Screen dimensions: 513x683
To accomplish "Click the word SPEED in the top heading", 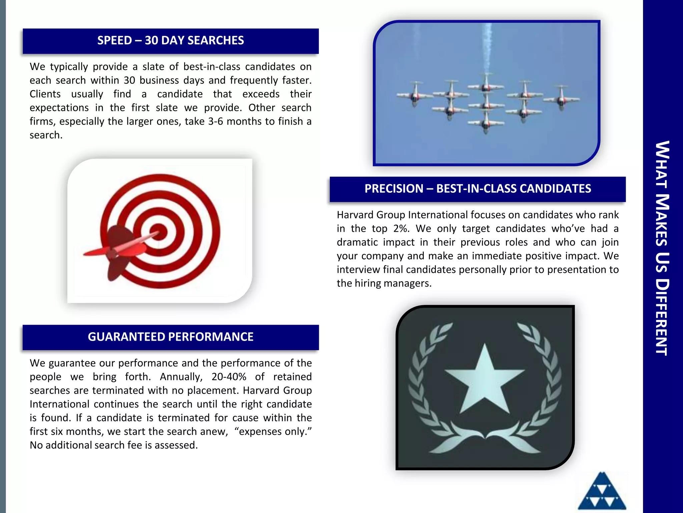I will coord(114,40).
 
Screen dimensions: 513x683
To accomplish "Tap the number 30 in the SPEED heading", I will coord(151,40).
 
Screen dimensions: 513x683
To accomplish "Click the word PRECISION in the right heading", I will coord(394,189).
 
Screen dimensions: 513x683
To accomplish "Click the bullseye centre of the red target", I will coord(158,231).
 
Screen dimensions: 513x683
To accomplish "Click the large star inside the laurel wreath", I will coord(485,381).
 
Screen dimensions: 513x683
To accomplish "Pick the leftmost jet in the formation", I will coord(415,95).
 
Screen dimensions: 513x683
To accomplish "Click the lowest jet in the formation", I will coord(486,124).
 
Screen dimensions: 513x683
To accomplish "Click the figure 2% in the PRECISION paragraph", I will coord(401,228).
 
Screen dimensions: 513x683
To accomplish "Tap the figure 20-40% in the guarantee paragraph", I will coord(229,377).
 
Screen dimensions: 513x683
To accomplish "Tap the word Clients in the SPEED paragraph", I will coord(45,94).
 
